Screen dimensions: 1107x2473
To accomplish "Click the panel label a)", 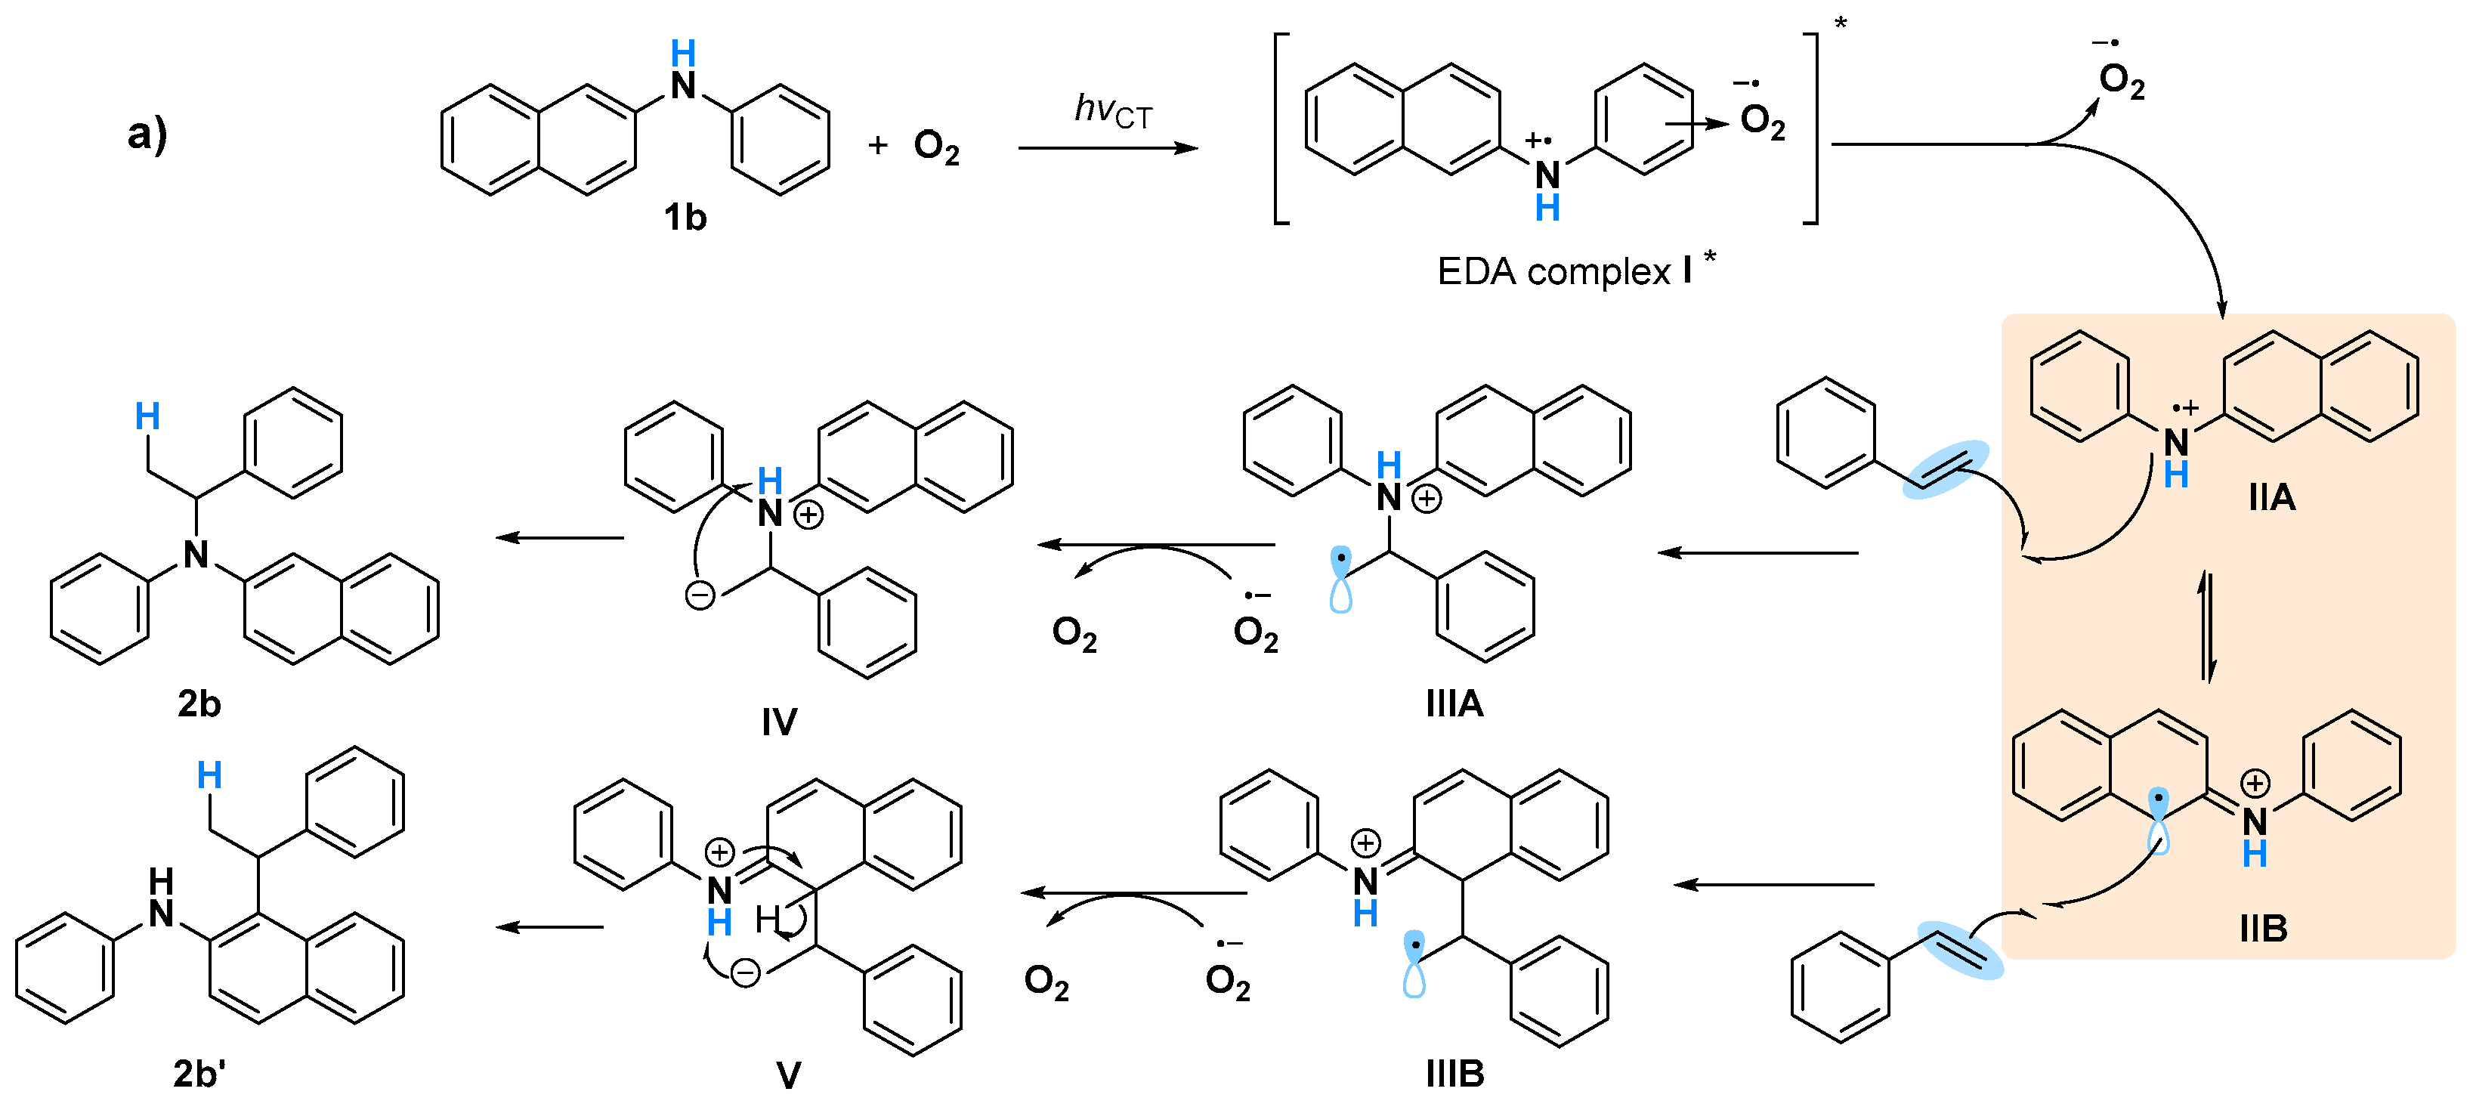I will (x=147, y=134).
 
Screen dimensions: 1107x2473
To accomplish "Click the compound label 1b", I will (x=685, y=218).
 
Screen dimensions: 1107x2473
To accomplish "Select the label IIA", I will (x=2271, y=497).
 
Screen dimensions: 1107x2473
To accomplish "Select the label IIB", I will (x=2263, y=929).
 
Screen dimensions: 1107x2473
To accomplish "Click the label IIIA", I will (x=1454, y=703).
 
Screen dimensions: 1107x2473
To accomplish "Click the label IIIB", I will (x=1454, y=1074).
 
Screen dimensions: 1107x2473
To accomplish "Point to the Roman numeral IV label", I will (x=778, y=722).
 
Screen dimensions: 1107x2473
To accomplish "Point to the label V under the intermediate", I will (x=788, y=1075).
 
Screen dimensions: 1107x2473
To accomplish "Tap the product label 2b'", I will (x=199, y=1074).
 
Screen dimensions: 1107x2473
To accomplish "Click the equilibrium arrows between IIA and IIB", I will (x=2207, y=626).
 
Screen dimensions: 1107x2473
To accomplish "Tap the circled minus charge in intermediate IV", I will (x=700, y=595).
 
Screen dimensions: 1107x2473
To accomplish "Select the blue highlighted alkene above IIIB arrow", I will (x=1961, y=951).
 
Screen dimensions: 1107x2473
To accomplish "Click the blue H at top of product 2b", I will (x=147, y=416).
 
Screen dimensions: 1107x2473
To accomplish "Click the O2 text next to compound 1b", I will (x=936, y=147).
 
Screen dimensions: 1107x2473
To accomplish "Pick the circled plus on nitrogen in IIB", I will (x=2255, y=783).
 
